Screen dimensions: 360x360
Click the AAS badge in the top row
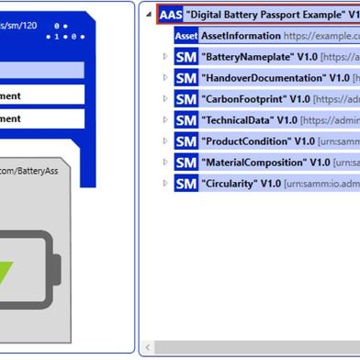point(170,15)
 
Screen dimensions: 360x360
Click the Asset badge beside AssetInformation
point(186,36)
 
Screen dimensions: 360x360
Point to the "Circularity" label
point(228,184)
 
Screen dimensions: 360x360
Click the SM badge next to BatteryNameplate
point(185,57)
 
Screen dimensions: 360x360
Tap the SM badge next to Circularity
point(185,184)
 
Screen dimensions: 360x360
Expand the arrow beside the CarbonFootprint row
point(165,99)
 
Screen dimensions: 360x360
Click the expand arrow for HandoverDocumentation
point(165,78)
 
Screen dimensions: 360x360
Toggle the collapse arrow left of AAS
point(149,15)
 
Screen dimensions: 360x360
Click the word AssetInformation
point(241,36)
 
